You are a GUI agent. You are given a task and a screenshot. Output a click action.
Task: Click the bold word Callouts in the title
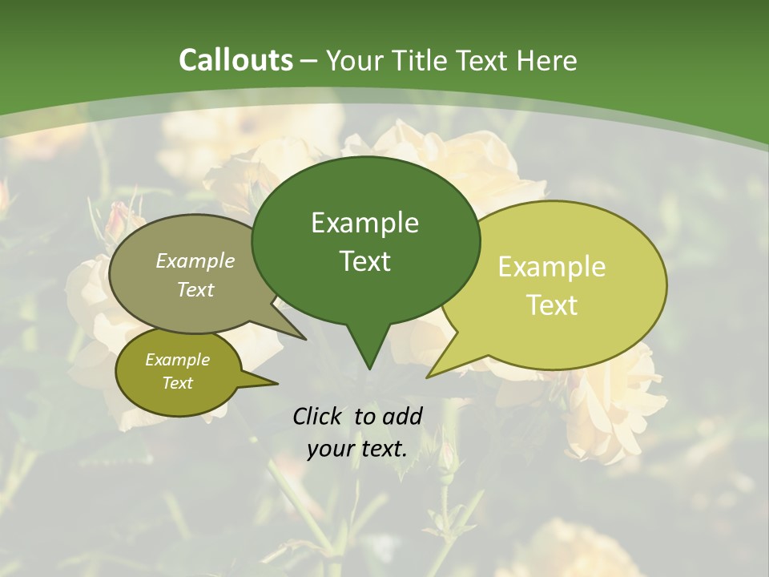click(x=236, y=60)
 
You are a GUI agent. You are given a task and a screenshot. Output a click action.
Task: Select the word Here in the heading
click(x=547, y=60)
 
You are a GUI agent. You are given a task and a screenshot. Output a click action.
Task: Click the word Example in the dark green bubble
click(x=364, y=223)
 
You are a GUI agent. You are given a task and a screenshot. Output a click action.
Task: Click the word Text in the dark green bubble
click(x=364, y=261)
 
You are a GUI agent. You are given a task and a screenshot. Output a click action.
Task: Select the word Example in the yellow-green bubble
click(x=552, y=267)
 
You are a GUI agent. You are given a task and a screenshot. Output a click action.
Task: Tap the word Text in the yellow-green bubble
click(x=552, y=305)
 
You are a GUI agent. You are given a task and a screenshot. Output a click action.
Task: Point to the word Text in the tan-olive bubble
click(x=195, y=290)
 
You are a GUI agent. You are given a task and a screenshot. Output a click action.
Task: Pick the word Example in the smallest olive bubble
click(x=177, y=360)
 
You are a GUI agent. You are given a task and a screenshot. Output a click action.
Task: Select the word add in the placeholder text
click(x=402, y=416)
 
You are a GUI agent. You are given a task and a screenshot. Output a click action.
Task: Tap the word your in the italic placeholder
click(x=331, y=450)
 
